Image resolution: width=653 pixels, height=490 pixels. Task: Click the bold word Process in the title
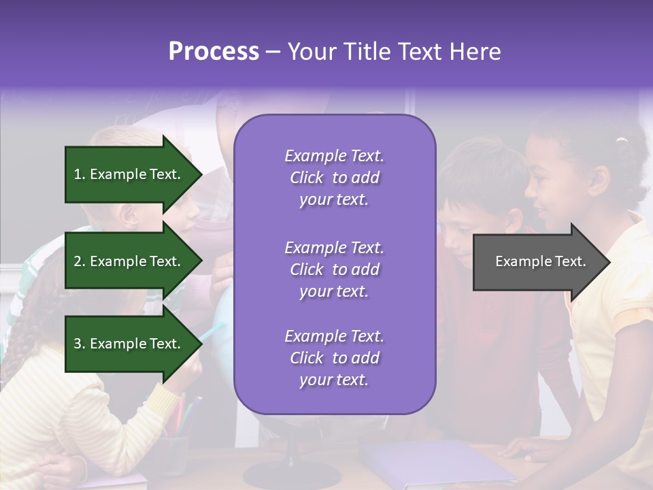tap(214, 51)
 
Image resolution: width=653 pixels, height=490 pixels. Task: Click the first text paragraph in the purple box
tap(334, 178)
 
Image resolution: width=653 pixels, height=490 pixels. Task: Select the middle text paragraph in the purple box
tap(334, 269)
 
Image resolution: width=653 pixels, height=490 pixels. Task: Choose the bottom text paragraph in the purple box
tap(334, 358)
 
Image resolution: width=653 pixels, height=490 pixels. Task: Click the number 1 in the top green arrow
tap(78, 174)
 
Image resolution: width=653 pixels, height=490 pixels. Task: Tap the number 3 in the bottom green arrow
tap(78, 344)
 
